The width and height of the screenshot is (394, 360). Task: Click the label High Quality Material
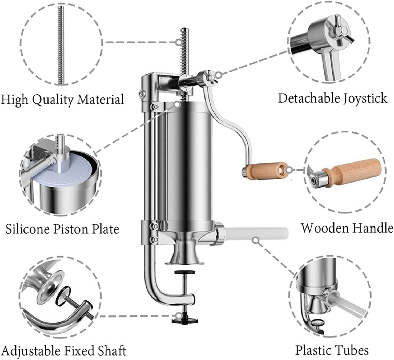[62, 99]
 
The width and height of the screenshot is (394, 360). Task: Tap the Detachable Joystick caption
[332, 98]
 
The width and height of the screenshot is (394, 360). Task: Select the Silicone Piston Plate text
[62, 229]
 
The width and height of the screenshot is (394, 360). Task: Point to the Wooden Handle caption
[347, 228]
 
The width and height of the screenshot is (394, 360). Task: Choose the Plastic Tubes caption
[332, 350]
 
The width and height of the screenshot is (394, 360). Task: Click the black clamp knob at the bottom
[185, 319]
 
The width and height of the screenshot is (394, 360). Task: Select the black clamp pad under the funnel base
[184, 272]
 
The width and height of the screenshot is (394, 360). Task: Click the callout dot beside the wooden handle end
[291, 169]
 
